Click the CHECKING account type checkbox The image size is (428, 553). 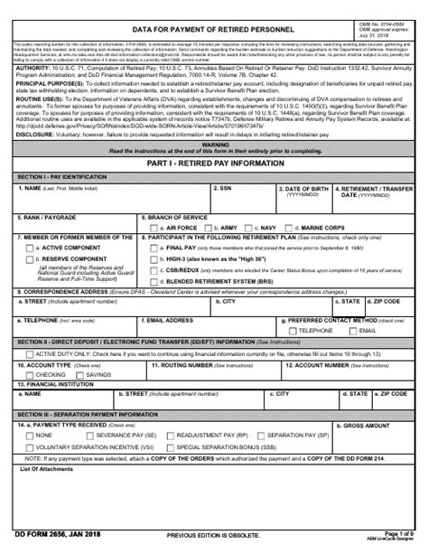pos(27,374)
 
